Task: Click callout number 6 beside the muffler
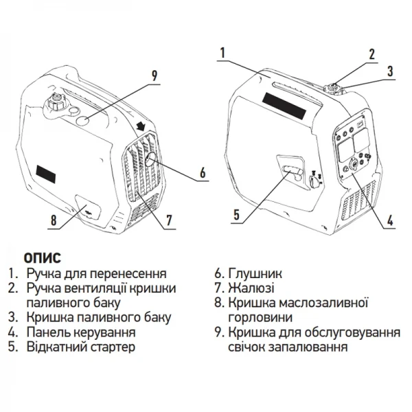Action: pyautogui.click(x=203, y=174)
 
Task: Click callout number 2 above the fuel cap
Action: pyautogui.click(x=371, y=54)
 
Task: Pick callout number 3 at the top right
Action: pyautogui.click(x=389, y=71)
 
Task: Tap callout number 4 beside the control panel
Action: pyautogui.click(x=389, y=221)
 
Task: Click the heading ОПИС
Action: pyautogui.click(x=43, y=258)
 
